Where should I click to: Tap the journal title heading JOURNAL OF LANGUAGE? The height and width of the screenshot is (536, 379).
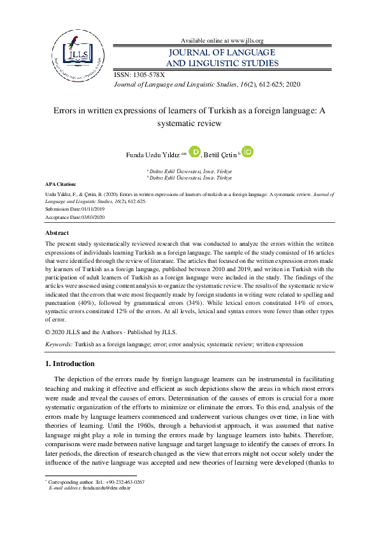pos(222,52)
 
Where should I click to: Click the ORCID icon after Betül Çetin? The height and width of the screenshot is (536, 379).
pos(248,152)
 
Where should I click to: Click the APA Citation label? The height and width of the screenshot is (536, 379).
pos(61,183)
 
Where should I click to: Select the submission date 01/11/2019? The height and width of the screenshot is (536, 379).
pos(90,208)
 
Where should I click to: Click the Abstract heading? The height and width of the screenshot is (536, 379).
pos(59,234)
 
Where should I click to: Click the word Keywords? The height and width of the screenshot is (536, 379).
pos(59,343)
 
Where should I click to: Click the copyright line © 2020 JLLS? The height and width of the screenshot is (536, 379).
pos(112,332)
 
